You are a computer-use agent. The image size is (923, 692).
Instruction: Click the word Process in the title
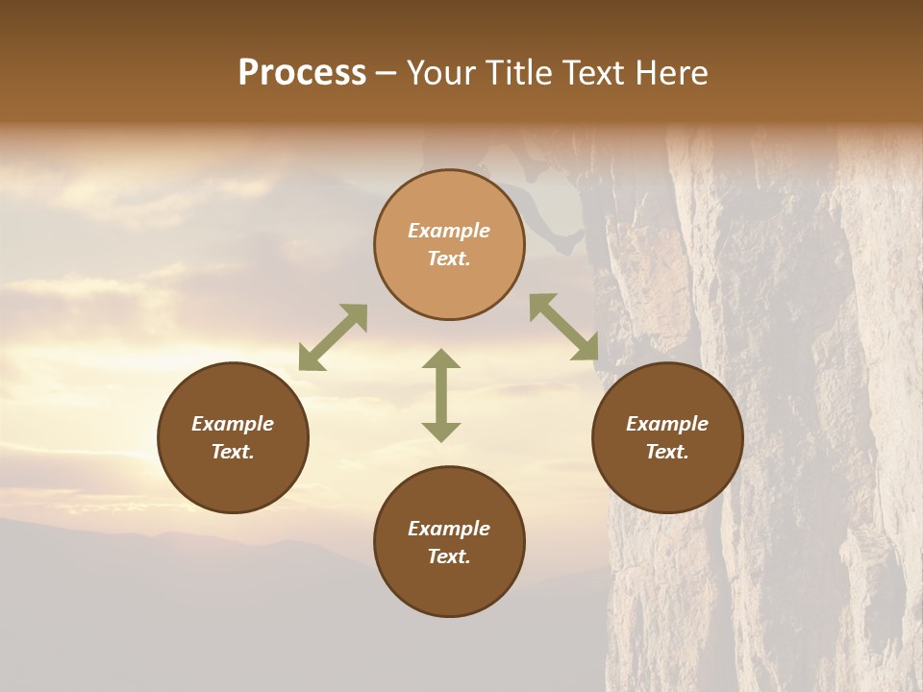point(302,73)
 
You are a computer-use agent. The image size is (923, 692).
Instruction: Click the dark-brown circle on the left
point(233,437)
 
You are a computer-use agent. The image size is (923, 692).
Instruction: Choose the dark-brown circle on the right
point(667,437)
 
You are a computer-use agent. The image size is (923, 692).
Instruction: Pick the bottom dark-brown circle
point(449,541)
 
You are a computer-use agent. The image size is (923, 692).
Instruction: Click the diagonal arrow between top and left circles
point(333,337)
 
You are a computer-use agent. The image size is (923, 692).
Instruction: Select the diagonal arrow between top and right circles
point(564,328)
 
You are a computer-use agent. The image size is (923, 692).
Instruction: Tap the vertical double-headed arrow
point(441,395)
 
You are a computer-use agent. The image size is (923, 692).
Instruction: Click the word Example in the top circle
point(449,231)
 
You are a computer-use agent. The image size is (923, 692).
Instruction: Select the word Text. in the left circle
point(233,452)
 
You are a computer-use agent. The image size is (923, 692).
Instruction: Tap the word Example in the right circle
point(667,424)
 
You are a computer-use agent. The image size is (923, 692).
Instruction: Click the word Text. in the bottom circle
point(449,556)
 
